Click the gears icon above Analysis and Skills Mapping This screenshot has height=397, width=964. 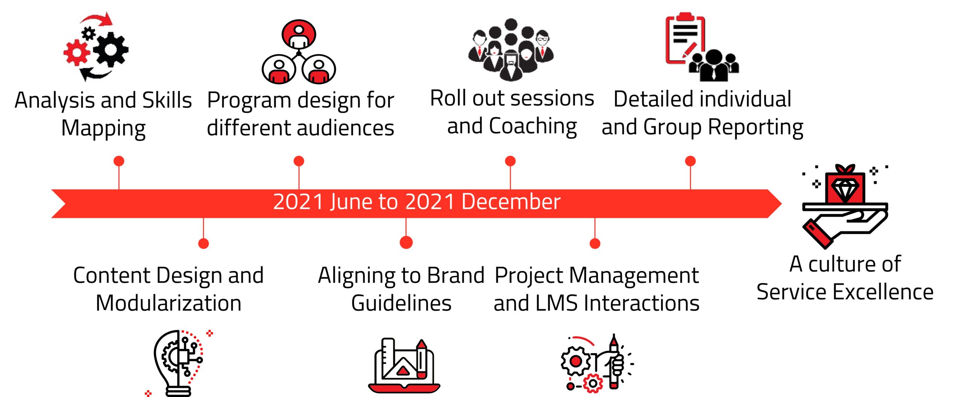coord(96,47)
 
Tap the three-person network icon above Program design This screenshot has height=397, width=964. coord(299,52)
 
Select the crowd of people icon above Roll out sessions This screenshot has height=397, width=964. coord(511,50)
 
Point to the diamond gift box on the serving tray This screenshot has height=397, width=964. coord(845,184)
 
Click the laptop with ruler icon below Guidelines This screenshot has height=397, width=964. coord(404,365)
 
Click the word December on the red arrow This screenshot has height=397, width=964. coord(511,201)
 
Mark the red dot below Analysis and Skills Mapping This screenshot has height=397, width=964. coord(119,161)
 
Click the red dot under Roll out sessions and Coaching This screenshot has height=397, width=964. coord(510,161)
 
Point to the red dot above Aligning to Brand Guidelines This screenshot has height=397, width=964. coord(406,242)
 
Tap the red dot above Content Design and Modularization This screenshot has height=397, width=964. coord(203,243)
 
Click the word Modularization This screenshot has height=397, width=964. coord(168,303)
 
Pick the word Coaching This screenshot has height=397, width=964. coord(532,126)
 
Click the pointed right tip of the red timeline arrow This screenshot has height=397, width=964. coord(782,204)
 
